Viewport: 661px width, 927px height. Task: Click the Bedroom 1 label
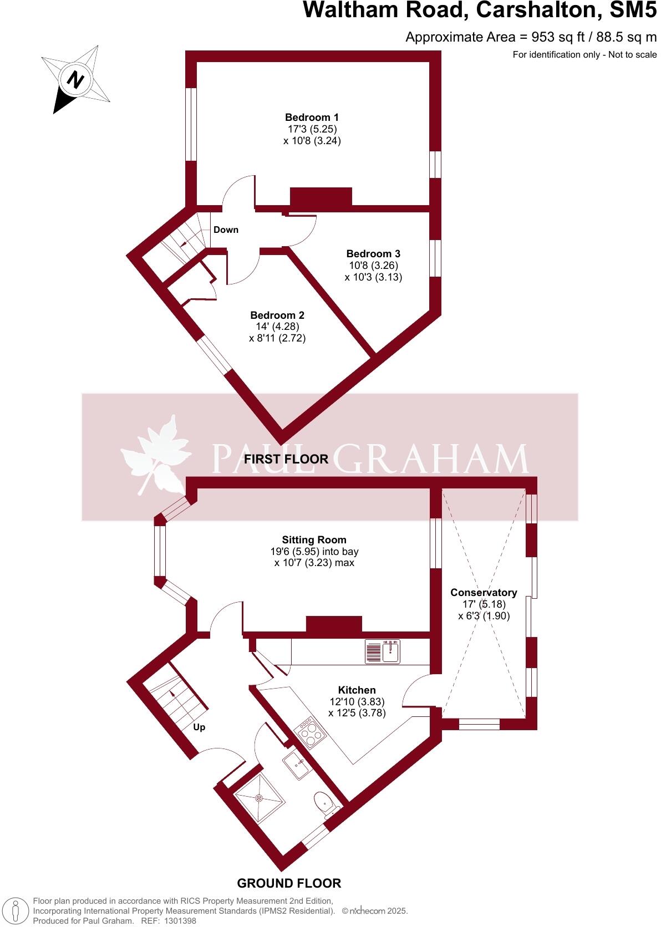pyautogui.click(x=312, y=118)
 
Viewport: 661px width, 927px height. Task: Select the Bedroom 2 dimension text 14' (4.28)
pyautogui.click(x=277, y=327)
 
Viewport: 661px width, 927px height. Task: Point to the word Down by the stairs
pyautogui.click(x=226, y=230)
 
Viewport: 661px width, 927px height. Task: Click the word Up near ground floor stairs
pyautogui.click(x=199, y=727)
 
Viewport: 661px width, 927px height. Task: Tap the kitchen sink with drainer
pyautogui.click(x=383, y=651)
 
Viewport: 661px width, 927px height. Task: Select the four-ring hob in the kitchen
pyautogui.click(x=311, y=733)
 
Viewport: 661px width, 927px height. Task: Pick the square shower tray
pyautogui.click(x=259, y=798)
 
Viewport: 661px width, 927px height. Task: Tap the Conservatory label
pyautogui.click(x=484, y=593)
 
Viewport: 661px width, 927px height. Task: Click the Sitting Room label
pyautogui.click(x=314, y=540)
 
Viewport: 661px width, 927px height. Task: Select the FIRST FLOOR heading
pyautogui.click(x=286, y=459)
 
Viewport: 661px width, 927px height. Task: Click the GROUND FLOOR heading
pyautogui.click(x=289, y=883)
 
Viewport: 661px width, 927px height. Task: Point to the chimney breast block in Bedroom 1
pyautogui.click(x=321, y=197)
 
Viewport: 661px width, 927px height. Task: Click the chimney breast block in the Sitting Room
pyautogui.click(x=334, y=624)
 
